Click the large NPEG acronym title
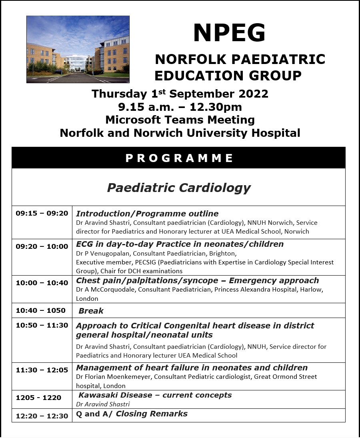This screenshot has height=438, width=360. pyautogui.click(x=229, y=33)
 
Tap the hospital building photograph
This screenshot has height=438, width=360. pyautogui.click(x=78, y=49)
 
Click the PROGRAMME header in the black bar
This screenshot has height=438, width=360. pyautogui.click(x=179, y=158)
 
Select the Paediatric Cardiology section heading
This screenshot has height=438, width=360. pyautogui.click(x=179, y=188)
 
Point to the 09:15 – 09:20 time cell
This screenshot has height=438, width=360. pyautogui.click(x=42, y=214)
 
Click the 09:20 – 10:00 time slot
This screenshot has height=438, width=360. pyautogui.click(x=42, y=246)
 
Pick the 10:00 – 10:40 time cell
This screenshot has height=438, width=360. pyautogui.click(x=42, y=283)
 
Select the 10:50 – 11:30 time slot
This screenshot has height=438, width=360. pyautogui.click(x=42, y=325)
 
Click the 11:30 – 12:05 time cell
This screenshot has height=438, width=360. pyautogui.click(x=42, y=370)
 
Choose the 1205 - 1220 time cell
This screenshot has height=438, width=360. pyautogui.click(x=39, y=398)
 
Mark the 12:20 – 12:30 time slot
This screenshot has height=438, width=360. pyautogui.click(x=42, y=416)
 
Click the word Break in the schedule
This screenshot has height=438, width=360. pyautogui.click(x=91, y=311)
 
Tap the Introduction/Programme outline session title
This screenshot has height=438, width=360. pyautogui.click(x=147, y=214)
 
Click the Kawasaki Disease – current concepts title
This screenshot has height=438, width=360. pyautogui.click(x=155, y=395)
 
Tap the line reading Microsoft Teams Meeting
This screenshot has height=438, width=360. pyautogui.click(x=180, y=120)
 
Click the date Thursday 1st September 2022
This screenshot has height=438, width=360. pyautogui.click(x=180, y=94)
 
